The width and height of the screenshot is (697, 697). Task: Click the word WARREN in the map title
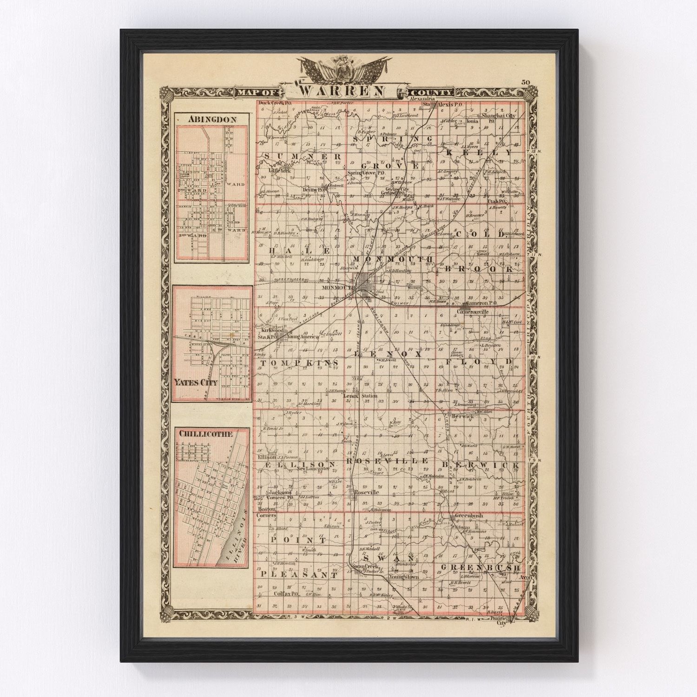pyautogui.click(x=342, y=90)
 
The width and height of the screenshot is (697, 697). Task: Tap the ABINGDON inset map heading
pyautogui.click(x=211, y=119)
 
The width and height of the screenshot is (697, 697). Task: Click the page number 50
pyautogui.click(x=526, y=83)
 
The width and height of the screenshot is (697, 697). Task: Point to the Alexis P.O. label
pyautogui.click(x=451, y=105)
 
